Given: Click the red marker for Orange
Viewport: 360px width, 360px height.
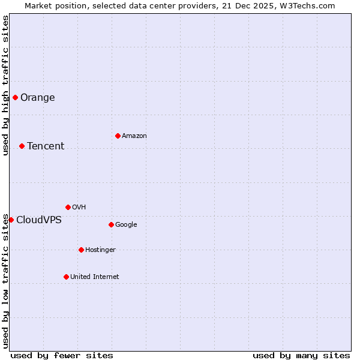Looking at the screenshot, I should point(15,97).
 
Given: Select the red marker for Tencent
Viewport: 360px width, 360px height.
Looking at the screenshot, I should point(22,146).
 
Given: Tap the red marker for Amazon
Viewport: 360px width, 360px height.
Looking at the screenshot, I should point(118,136).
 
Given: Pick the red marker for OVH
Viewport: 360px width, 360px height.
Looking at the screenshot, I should point(68,207).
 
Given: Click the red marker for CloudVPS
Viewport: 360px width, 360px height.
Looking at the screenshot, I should point(11,220).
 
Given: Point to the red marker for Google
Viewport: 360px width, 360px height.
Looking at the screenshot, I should point(111,224).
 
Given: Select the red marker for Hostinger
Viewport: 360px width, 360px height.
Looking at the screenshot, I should point(81,250).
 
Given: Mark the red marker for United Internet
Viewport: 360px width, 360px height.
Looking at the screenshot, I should point(66,277).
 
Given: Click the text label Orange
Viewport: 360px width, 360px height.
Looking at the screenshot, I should point(37,98).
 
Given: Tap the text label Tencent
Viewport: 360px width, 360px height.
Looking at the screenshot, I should point(46,146).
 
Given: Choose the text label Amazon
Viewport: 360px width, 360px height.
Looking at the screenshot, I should point(134,136).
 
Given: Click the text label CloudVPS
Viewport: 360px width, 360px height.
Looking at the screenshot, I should point(39,220).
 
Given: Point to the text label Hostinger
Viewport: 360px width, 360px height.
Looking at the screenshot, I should point(100,250).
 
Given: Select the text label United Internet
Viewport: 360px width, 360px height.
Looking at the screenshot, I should point(95,277).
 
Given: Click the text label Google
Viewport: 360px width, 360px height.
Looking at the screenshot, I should point(126,225).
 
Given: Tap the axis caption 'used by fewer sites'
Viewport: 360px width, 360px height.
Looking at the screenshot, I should point(62,356).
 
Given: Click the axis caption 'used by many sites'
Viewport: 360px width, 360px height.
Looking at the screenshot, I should point(301,356).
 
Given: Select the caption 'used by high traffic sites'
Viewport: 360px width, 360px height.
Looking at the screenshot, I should point(5,85).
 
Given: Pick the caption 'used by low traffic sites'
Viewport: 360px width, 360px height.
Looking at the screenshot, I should point(5,281).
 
